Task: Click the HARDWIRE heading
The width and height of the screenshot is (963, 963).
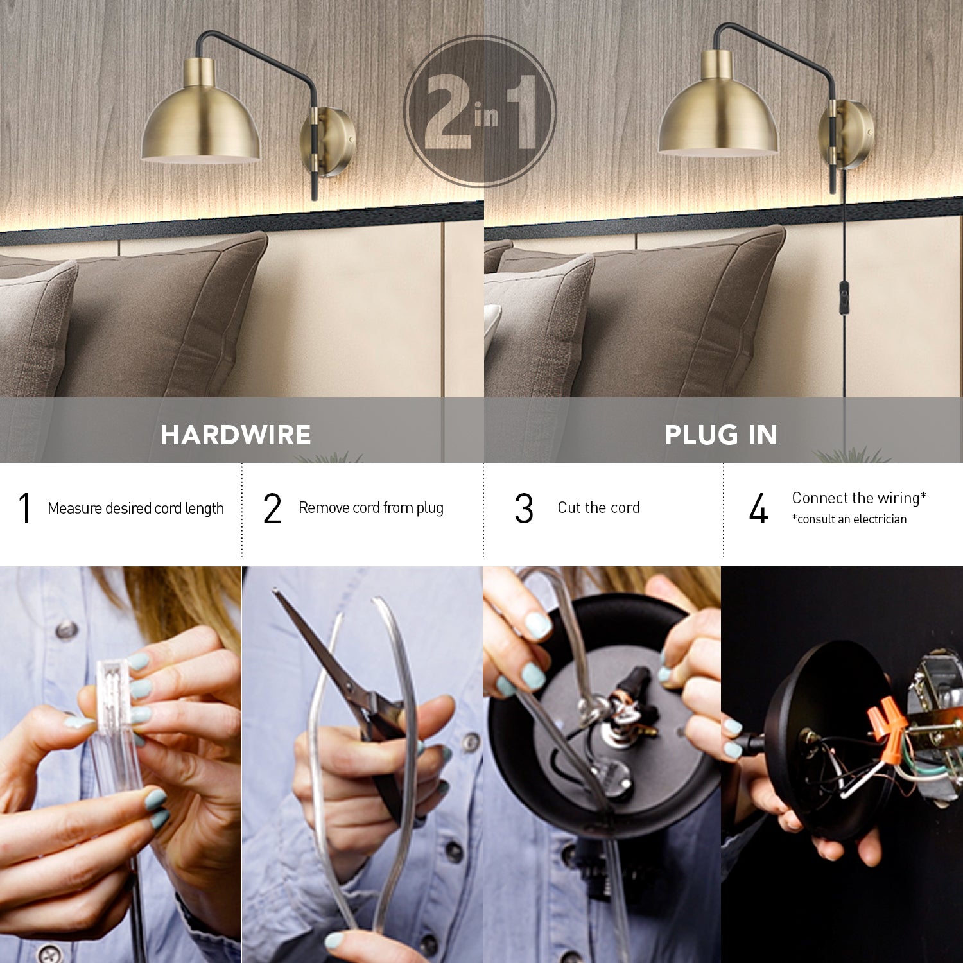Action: (x=236, y=435)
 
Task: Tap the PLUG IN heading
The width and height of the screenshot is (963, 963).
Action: (x=721, y=435)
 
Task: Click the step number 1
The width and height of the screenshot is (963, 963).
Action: (x=24, y=508)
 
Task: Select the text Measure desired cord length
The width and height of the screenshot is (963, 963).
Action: (x=135, y=508)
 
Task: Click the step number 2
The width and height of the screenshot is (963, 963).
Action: (x=272, y=508)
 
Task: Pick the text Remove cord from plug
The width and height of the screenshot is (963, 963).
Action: (x=370, y=508)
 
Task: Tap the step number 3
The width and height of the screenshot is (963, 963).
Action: (x=524, y=508)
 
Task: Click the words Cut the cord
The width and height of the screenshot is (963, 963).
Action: (x=598, y=508)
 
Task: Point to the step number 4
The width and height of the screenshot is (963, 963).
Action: (x=758, y=508)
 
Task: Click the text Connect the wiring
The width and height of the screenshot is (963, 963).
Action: (x=858, y=498)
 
